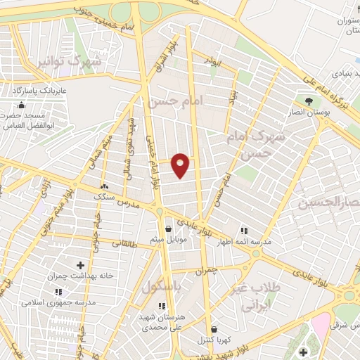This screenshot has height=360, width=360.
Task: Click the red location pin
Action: (181, 164)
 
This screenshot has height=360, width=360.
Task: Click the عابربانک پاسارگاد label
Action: (38, 91)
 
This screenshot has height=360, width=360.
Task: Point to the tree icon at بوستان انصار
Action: (309, 101)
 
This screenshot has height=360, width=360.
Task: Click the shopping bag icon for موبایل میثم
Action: (167, 229)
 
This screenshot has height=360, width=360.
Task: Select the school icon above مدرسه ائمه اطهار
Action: (244, 230)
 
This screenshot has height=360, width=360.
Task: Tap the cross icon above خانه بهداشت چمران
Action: (79, 265)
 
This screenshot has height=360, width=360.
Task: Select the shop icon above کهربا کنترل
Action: (212, 328)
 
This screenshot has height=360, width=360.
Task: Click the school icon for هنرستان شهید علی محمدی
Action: (163, 306)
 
